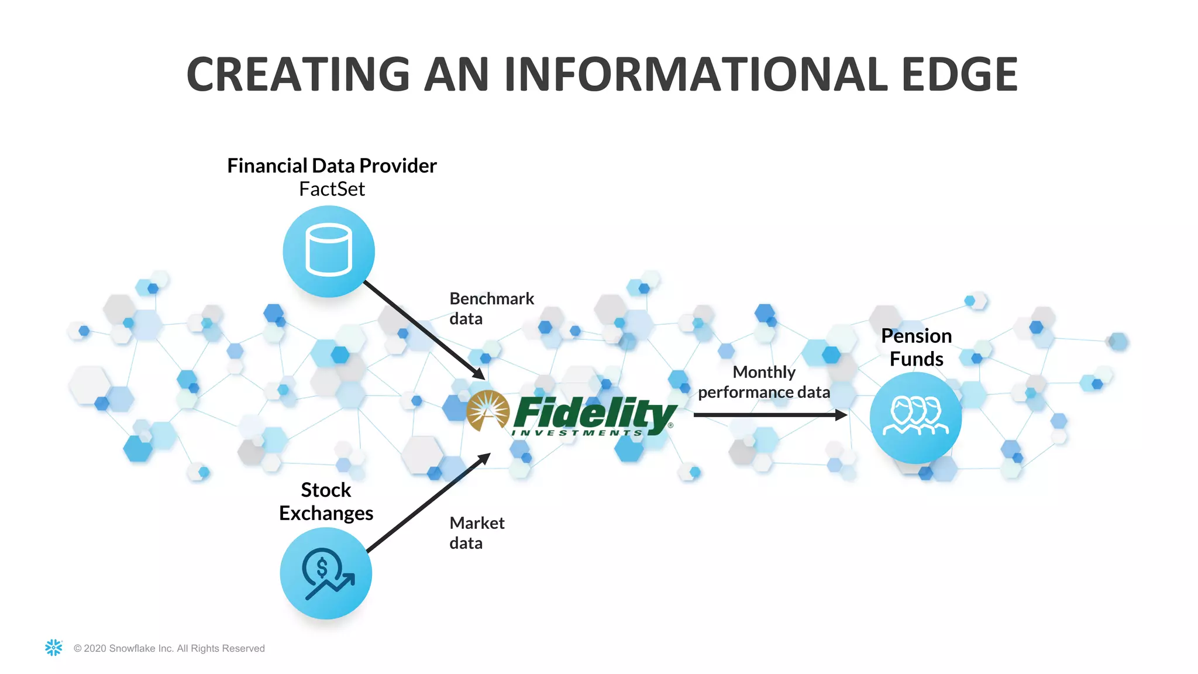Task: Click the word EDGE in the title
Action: [959, 74]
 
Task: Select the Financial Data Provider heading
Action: [332, 166]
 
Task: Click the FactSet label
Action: [332, 190]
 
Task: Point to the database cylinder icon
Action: [329, 250]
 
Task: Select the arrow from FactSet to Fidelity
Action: [424, 330]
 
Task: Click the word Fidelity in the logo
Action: [594, 412]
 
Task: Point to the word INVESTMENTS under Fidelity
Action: [577, 433]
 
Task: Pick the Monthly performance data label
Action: [763, 382]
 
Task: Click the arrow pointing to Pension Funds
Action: [769, 415]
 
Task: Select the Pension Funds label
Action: [916, 348]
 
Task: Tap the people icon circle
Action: [915, 417]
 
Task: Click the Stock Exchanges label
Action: [326, 501]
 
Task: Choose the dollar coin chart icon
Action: [326, 573]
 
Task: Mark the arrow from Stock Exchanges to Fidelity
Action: [427, 503]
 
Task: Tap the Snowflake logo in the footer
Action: [54, 647]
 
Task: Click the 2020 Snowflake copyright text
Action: [169, 648]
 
